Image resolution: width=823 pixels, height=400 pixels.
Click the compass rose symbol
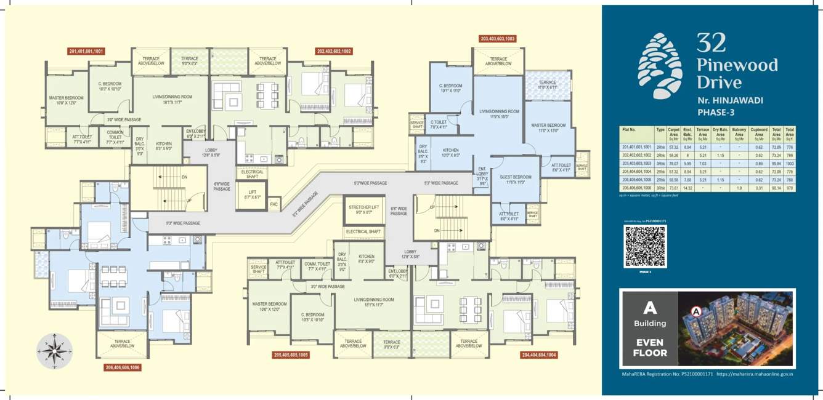click(55, 351)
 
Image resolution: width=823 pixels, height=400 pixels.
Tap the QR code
click(645, 246)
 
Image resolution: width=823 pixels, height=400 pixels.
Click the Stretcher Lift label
click(363, 210)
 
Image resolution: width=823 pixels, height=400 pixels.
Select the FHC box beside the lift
click(274, 204)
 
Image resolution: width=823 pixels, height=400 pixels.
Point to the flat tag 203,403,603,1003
click(497, 39)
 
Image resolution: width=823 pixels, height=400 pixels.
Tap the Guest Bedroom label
click(516, 179)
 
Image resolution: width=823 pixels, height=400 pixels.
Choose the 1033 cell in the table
click(790, 164)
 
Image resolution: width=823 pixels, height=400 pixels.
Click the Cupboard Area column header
click(759, 132)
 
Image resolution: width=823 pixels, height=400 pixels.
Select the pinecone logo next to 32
click(660, 58)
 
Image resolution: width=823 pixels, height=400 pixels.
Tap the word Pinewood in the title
click(737, 65)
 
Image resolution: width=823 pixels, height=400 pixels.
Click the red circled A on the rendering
click(697, 311)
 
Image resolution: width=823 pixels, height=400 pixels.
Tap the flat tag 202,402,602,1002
click(333, 52)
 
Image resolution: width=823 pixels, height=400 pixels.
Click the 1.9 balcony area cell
click(739, 188)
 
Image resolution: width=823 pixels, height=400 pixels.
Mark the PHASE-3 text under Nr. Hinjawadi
click(718, 113)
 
